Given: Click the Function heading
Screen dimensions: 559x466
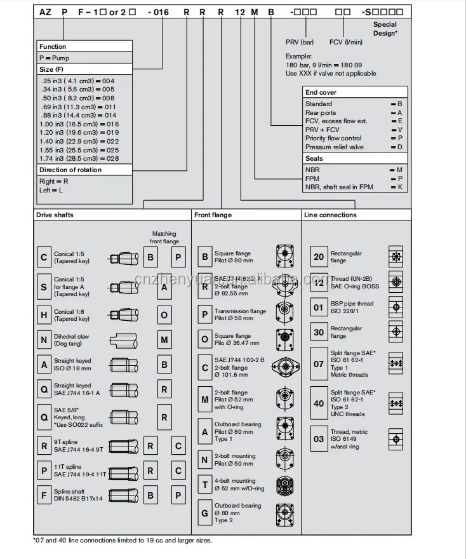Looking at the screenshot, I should pyautogui.click(x=53, y=46).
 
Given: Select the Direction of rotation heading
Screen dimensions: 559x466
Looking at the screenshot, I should pyautogui.click(x=70, y=170).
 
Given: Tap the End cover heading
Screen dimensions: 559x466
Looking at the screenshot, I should pyautogui.click(x=321, y=92).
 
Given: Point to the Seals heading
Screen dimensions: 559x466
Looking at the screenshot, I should pyautogui.click(x=314, y=158).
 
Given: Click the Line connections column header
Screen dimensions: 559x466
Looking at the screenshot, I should pyautogui.click(x=330, y=215).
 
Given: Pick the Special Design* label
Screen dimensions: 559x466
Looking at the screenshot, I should pyautogui.click(x=385, y=29).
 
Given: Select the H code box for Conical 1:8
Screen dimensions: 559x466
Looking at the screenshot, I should pyautogui.click(x=44, y=314).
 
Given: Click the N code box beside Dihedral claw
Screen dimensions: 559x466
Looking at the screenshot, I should pyautogui.click(x=44, y=339).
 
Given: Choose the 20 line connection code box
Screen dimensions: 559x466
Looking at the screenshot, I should pyautogui.click(x=319, y=257).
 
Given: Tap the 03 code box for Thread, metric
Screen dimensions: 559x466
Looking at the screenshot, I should pyautogui.click(x=319, y=438).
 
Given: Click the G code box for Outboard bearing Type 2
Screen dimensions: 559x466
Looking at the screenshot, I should pyautogui.click(x=204, y=513).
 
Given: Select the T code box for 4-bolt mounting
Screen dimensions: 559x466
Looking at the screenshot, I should pyautogui.click(x=204, y=484).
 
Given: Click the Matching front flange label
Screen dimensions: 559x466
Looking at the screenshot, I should pyautogui.click(x=164, y=238).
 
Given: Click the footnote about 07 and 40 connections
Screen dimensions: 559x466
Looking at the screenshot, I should pyautogui.click(x=122, y=541).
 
